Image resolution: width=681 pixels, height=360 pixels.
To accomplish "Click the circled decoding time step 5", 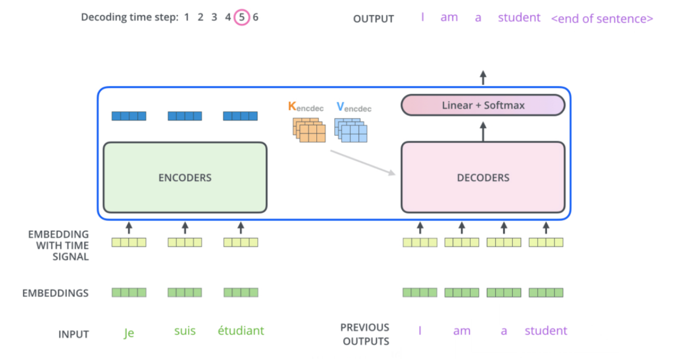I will point(241,17).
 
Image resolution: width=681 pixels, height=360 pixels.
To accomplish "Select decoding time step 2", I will point(200,17).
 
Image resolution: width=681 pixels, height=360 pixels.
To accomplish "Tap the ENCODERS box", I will point(185,178).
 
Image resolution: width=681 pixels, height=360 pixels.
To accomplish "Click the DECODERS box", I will point(483,178).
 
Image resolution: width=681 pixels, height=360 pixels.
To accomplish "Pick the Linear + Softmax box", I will point(483,105).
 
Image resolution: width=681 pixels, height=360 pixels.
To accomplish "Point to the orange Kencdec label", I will point(306,107).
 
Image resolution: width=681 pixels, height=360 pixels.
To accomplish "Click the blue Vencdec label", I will point(353,107).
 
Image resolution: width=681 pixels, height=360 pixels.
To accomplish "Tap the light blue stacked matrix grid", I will point(351,130).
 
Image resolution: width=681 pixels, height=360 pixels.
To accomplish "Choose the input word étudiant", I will point(241,331).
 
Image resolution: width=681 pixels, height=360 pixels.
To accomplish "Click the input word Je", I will point(129,332).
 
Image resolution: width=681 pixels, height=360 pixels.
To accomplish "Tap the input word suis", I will point(185,331).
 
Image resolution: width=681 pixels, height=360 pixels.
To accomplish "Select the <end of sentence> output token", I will point(602,19).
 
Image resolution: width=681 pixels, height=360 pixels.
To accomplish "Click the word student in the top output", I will point(519,17).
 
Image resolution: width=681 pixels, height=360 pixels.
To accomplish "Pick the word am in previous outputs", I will point(462,331).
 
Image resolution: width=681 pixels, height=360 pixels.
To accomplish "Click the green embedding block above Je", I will point(129,292).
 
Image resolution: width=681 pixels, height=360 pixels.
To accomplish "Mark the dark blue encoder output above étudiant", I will point(241,116).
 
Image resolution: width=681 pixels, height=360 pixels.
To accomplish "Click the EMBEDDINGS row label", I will point(55,293).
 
